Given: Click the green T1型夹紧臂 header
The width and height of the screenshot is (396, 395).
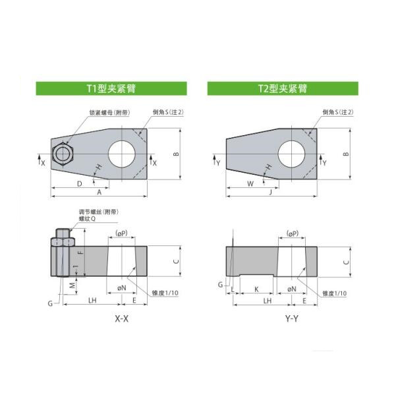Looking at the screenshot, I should point(111,88).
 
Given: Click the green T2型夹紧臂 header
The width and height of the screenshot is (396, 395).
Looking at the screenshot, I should point(284,88).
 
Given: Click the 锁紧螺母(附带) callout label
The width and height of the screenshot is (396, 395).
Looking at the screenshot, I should point(109,112).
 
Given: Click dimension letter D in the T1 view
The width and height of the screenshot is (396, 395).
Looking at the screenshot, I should point(79,182).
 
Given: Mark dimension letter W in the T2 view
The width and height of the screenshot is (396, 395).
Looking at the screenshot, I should point(250,183).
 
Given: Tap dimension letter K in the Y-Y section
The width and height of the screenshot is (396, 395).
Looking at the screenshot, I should point(256,289).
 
